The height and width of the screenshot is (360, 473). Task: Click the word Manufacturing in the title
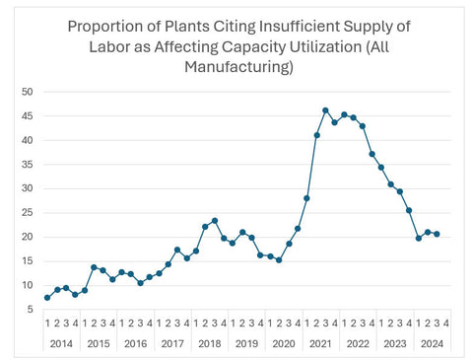pyautogui.click(x=236, y=67)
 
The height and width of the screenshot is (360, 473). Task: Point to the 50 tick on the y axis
pyautogui.click(x=27, y=92)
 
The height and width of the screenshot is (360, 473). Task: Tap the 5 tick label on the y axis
pyautogui.click(x=30, y=310)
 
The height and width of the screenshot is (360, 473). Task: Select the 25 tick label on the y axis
pyautogui.click(x=27, y=213)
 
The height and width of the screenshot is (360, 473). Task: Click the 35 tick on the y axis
pyautogui.click(x=27, y=165)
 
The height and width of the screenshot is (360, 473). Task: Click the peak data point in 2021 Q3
pyautogui.click(x=325, y=110)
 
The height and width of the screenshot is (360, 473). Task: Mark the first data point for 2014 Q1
pyautogui.click(x=47, y=297)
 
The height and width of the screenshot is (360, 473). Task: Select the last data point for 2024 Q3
pyautogui.click(x=438, y=234)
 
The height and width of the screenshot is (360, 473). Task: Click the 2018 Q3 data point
pyautogui.click(x=214, y=221)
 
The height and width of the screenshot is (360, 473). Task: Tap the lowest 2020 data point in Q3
pyautogui.click(x=279, y=260)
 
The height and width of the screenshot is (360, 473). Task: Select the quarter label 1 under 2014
pyautogui.click(x=47, y=323)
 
